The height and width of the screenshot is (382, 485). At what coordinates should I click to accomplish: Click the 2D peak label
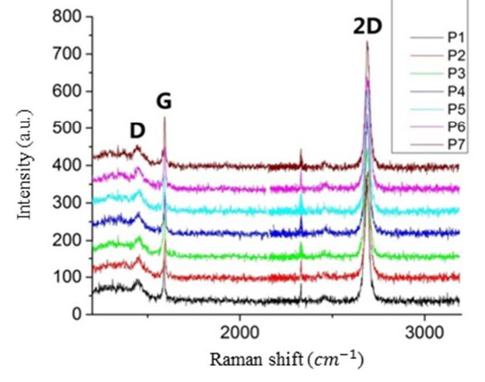coord(367,26)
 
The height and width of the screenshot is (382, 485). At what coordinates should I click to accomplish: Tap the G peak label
coord(164,101)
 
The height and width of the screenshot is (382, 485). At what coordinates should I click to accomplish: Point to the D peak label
coord(137,131)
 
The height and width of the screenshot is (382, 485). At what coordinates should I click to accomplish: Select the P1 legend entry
coord(454,38)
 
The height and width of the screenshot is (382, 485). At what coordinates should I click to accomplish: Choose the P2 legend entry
coord(454,56)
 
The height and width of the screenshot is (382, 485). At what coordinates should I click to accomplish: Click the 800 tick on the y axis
coord(68,17)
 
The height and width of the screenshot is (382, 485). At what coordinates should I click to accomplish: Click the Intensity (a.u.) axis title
coord(23,165)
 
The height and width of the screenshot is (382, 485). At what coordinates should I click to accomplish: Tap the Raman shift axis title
coord(287,360)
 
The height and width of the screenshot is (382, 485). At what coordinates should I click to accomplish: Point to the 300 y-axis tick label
coord(68,203)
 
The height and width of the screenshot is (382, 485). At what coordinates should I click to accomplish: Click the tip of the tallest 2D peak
coord(367,41)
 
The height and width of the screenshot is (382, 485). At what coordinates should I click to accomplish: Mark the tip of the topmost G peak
coord(165,117)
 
